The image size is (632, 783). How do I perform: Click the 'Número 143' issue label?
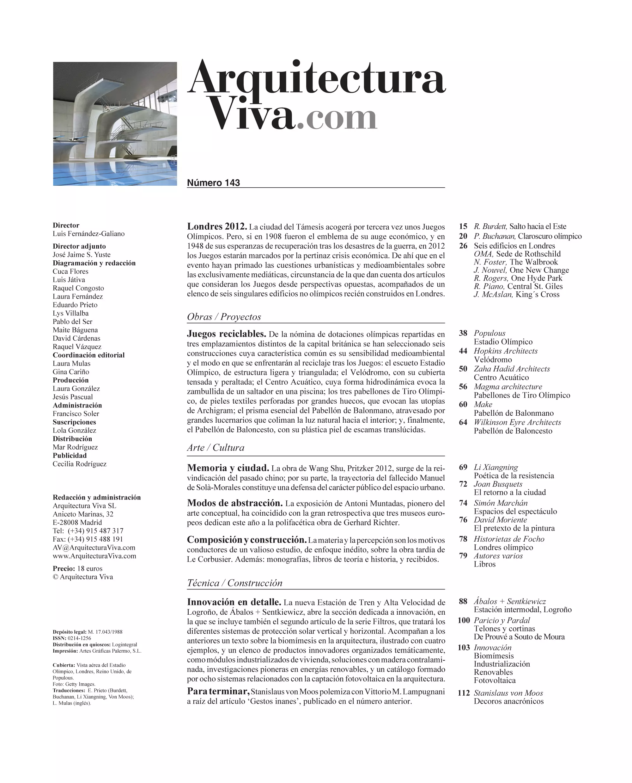(x=213, y=183)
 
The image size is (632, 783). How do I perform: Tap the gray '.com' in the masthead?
(x=337, y=118)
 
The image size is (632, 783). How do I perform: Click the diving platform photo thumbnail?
(x=115, y=124)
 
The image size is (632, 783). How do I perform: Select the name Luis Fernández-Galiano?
(x=88, y=234)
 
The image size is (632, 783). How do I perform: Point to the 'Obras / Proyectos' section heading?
(x=224, y=316)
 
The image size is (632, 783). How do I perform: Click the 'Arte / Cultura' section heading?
(x=216, y=448)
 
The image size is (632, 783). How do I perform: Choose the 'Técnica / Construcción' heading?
(x=234, y=583)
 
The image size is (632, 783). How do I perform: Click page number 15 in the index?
(x=463, y=227)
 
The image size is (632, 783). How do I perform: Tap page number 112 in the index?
(x=464, y=693)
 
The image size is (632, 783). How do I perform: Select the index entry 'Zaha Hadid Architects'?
(x=512, y=369)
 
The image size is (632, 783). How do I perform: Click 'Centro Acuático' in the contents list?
(x=501, y=378)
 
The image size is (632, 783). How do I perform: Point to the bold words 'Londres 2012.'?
(x=217, y=227)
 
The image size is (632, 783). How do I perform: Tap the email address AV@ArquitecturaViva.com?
(x=94, y=548)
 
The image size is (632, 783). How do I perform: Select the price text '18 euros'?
(x=90, y=569)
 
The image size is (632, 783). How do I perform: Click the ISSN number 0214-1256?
(x=79, y=638)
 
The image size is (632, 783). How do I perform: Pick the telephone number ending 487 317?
(x=95, y=531)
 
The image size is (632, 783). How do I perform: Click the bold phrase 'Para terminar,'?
(x=218, y=691)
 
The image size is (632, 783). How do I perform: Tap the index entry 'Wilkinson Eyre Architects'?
(x=517, y=422)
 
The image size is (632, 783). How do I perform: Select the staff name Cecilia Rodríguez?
(x=79, y=464)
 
